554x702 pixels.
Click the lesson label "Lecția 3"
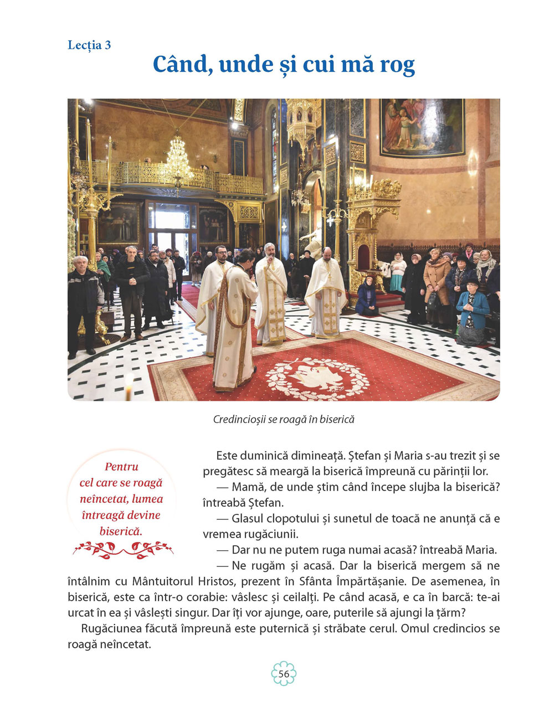point(89,45)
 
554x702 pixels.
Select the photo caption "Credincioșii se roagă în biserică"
point(284,420)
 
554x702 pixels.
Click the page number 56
point(284,674)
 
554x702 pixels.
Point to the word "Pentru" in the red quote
point(121,467)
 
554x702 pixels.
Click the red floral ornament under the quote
point(123,549)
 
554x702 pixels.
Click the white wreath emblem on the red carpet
point(317,378)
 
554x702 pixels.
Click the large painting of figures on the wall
point(422,127)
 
